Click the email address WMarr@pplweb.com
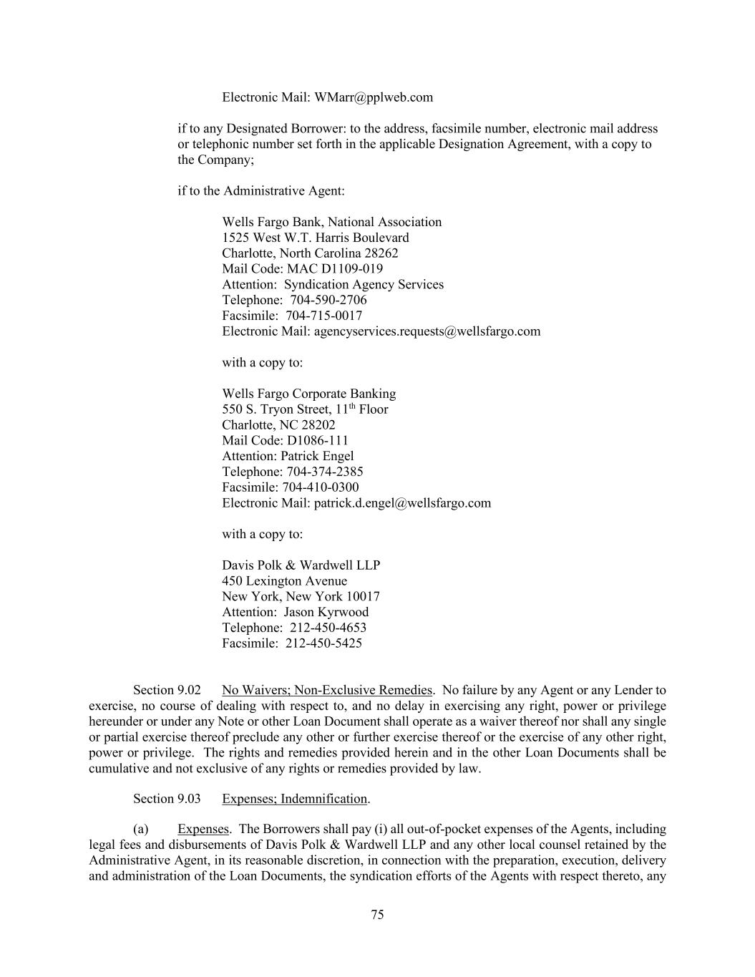coord(374,97)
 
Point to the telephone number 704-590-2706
coord(328,300)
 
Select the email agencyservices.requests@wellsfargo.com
coord(427,331)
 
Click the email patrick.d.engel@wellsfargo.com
coord(402,503)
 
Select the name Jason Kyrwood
coord(326,612)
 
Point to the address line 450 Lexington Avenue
coord(284,581)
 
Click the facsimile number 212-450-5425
coord(323,643)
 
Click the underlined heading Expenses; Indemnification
coord(295,799)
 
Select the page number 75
coord(378,915)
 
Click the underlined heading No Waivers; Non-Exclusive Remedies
coord(327,691)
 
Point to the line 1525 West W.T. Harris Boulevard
coord(316,238)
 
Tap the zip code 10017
coord(363,597)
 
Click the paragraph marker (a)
coord(141,830)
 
